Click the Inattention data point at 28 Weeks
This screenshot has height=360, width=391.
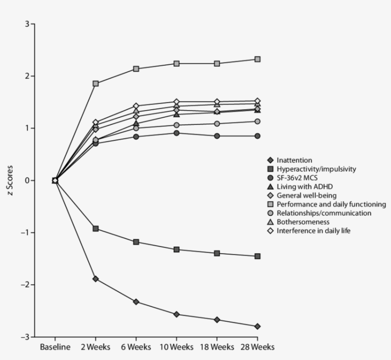(x=257, y=326)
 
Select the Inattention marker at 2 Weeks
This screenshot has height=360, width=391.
(x=95, y=278)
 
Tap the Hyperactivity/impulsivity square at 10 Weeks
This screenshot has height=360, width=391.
(x=176, y=249)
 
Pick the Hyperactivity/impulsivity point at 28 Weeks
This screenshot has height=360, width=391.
(x=257, y=256)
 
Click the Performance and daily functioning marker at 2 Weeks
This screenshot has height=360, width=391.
(x=95, y=83)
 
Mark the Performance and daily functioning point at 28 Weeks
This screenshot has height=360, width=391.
(x=257, y=59)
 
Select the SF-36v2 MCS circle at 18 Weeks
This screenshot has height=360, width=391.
(x=217, y=136)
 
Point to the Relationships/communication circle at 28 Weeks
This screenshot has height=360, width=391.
(x=257, y=121)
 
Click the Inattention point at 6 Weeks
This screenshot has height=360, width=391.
(x=136, y=302)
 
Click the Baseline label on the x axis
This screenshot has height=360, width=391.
(x=55, y=347)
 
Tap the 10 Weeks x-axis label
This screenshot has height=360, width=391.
(x=176, y=347)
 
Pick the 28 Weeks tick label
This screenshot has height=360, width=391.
(x=257, y=347)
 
